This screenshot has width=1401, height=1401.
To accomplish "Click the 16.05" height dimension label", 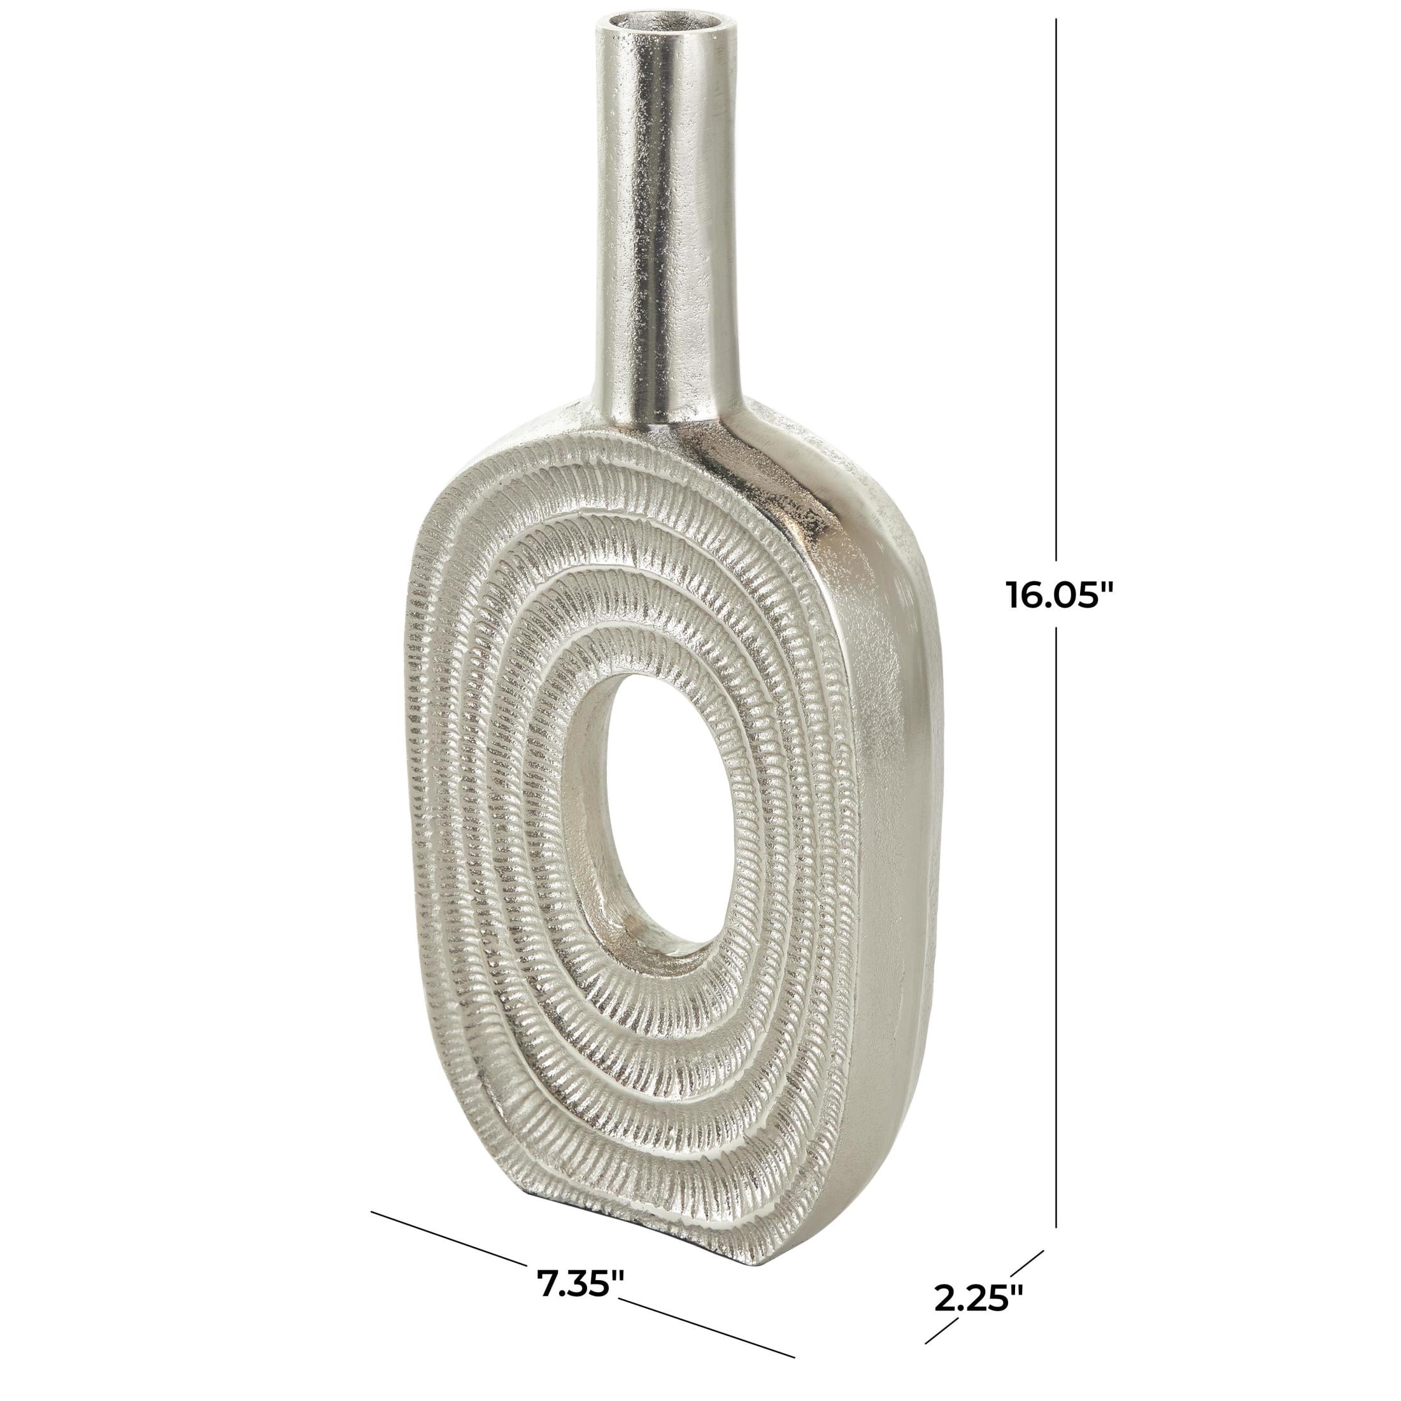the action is click(x=1059, y=596).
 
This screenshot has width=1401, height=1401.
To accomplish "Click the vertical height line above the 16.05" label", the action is click(x=1056, y=290).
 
